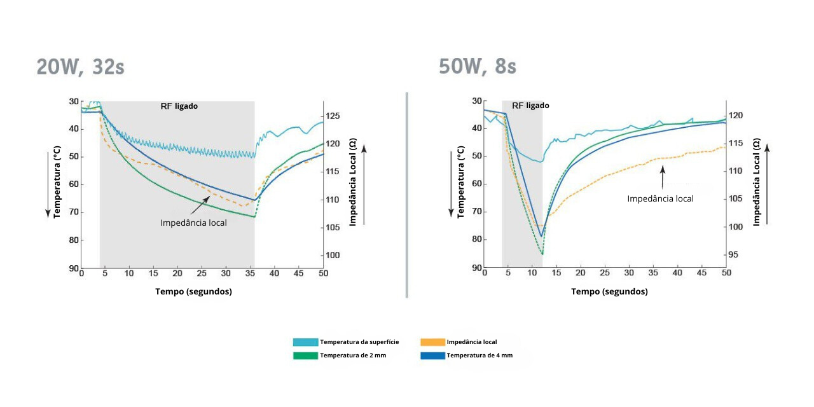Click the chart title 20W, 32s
coord(80,67)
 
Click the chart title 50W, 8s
coord(477,66)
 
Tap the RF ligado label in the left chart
coord(179,106)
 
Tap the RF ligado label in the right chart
coord(530,106)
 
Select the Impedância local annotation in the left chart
coord(193,223)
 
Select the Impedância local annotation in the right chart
coord(660,198)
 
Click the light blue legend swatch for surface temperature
coord(305,342)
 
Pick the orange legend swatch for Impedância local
coord(433,342)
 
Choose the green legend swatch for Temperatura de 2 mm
coord(305,355)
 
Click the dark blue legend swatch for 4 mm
coord(433,355)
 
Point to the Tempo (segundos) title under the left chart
coord(193,291)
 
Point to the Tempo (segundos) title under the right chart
coord(609,291)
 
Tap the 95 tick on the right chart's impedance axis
coord(733,255)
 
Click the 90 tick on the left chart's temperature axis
coord(74,268)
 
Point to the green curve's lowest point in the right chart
coord(542,254)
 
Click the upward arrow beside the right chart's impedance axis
coord(767,184)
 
